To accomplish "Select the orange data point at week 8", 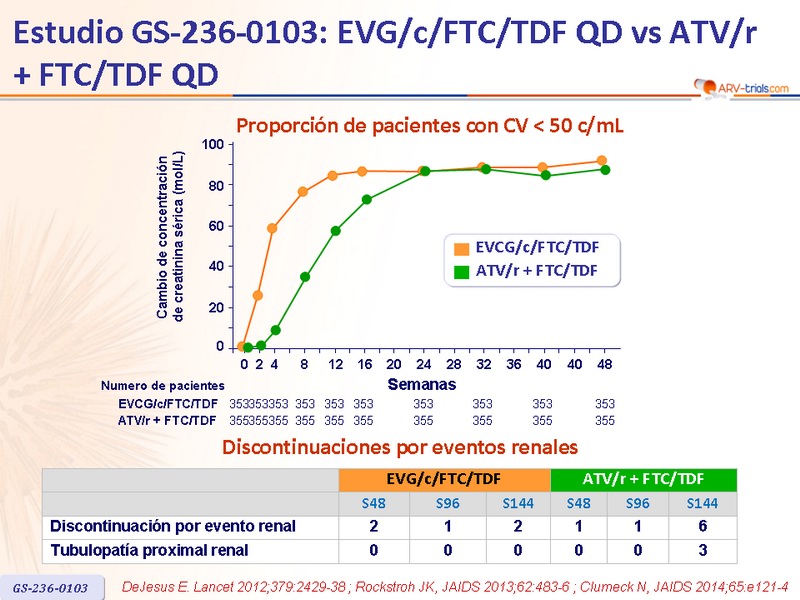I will [x=303, y=192].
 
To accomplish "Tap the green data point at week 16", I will [x=367, y=200].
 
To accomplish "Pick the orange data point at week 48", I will [x=602, y=161].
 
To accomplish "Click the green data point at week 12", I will [x=336, y=231].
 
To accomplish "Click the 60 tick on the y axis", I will [x=216, y=227].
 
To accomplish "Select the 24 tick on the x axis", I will [x=424, y=364].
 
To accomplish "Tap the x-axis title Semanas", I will [x=421, y=384].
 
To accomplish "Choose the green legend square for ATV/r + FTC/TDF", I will [x=461, y=271].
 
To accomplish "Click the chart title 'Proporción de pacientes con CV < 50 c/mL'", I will [x=429, y=126].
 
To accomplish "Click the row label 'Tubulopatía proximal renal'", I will [x=149, y=550].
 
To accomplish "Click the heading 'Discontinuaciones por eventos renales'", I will [x=400, y=447].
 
